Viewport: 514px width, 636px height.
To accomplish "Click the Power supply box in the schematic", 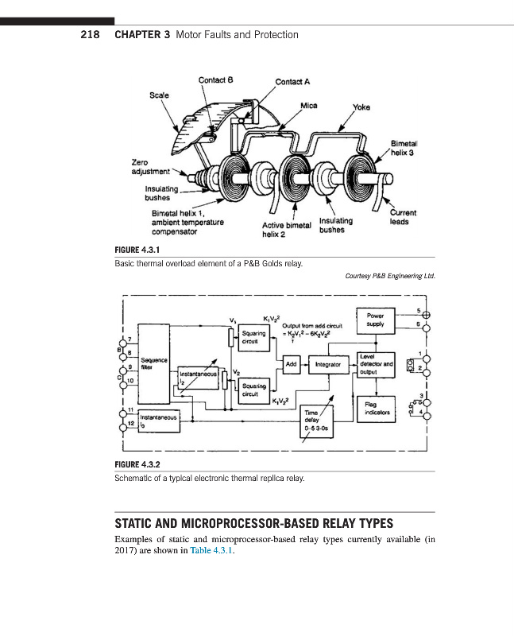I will (x=376, y=320).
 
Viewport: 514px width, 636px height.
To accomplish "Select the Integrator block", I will (x=328, y=365).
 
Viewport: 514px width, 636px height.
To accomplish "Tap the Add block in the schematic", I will (x=292, y=365).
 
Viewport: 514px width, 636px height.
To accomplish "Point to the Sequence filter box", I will (x=153, y=364).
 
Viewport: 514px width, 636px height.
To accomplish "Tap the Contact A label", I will (x=292, y=81).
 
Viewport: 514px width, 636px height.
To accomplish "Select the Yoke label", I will (x=361, y=107).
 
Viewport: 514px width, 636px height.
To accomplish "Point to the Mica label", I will (x=309, y=105).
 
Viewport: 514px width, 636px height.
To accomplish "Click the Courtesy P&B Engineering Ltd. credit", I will (x=391, y=277).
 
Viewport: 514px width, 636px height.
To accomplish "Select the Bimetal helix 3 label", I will (x=404, y=148).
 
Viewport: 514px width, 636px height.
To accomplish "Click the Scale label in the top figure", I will (x=160, y=95).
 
